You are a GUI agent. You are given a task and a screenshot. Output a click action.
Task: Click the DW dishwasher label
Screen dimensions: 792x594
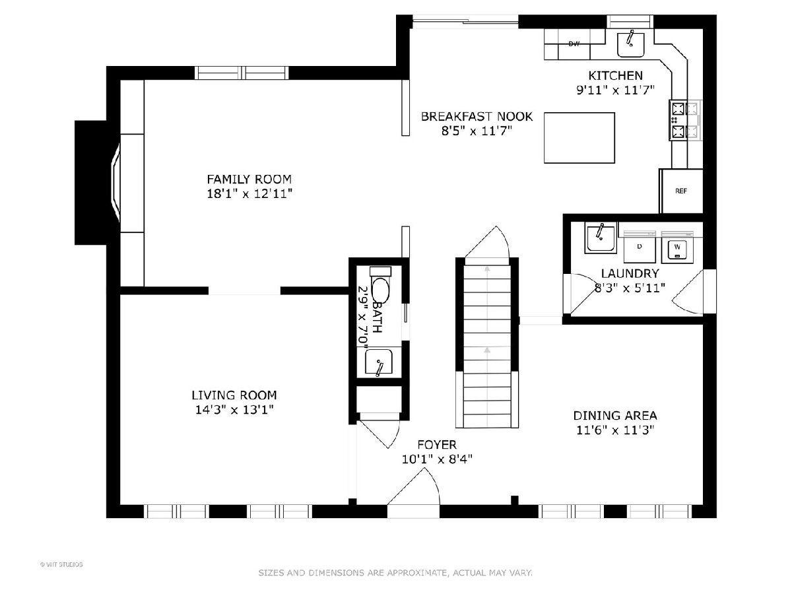pos(574,44)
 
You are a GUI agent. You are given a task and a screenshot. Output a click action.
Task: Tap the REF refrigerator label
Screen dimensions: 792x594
pos(681,191)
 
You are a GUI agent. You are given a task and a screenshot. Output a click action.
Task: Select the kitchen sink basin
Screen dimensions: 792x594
pos(630,45)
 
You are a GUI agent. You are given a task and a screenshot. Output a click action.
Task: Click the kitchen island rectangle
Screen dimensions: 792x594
pos(579,138)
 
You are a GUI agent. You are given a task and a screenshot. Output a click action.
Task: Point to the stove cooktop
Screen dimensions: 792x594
pos(685,120)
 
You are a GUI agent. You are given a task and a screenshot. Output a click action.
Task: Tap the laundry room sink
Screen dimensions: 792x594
pos(601,238)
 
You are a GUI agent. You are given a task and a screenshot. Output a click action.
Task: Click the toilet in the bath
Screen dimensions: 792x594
pos(380,285)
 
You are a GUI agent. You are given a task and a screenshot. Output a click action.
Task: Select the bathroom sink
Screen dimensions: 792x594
pos(378,362)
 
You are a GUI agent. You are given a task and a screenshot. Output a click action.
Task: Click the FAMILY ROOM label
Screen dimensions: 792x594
pos(249,180)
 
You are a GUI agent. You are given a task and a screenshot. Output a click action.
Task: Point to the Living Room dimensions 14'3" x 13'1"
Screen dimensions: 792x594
pos(234,410)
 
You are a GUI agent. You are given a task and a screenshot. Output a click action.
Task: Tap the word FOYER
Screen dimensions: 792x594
pos(437,445)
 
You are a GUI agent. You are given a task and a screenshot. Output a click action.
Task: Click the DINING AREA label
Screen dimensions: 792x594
pos(615,416)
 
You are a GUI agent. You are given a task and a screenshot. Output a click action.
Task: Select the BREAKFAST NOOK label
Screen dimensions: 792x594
pos(477,117)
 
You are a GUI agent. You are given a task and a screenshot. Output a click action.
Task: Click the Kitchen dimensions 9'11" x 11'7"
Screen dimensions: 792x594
pos(615,90)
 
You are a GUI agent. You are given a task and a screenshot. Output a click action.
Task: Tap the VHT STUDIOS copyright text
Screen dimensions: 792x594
pos(61,564)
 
